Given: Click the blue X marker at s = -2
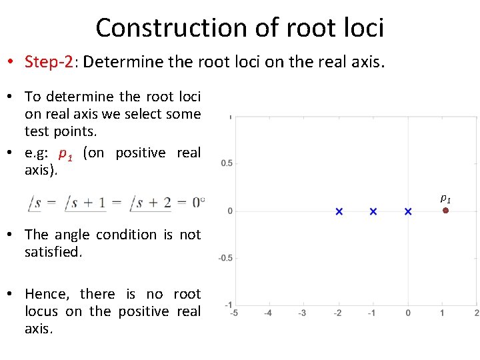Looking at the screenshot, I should (x=339, y=211).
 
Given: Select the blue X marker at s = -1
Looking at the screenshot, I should (x=373, y=211).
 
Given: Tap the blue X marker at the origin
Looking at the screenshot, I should (x=408, y=211).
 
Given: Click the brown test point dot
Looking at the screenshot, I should (x=445, y=211).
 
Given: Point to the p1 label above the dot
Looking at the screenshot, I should (x=445, y=198).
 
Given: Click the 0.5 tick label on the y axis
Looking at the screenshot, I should (x=227, y=163).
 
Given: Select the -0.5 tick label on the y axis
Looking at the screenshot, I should (x=225, y=258).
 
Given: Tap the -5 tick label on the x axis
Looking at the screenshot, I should (x=233, y=313).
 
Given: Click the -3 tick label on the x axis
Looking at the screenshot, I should (x=302, y=313).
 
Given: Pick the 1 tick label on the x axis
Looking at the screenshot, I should (x=443, y=313).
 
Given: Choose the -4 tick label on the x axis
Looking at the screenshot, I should (x=267, y=313).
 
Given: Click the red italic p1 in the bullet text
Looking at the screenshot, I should (x=65, y=153).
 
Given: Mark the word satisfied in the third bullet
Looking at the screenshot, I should (x=53, y=252).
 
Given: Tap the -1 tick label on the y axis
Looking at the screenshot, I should (x=228, y=305).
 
